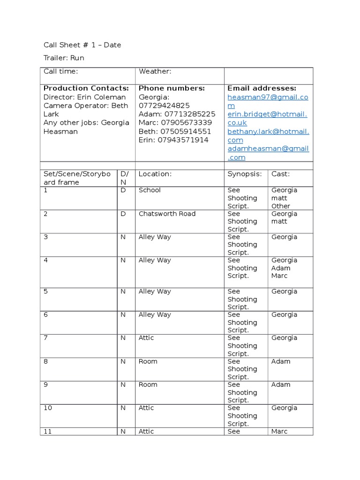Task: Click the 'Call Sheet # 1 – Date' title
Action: tap(82, 45)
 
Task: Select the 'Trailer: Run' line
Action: tap(64, 58)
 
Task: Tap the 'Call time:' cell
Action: tap(60, 71)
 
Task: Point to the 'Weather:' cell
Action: tap(155, 71)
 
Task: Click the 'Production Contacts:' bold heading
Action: tap(86, 88)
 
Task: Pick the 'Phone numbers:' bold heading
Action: tap(172, 88)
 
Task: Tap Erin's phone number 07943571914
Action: tap(183, 140)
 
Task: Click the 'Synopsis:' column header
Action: tap(244, 174)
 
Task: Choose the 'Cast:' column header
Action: tap(280, 174)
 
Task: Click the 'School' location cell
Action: tap(150, 190)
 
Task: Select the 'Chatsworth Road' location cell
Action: tap(167, 214)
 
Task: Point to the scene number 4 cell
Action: tap(46, 260)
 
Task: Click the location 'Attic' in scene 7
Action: tap(146, 338)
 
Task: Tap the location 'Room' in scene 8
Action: tap(148, 361)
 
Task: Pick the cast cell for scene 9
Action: tap(281, 385)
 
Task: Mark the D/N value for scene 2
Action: tap(123, 214)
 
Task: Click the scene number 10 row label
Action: tap(48, 408)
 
